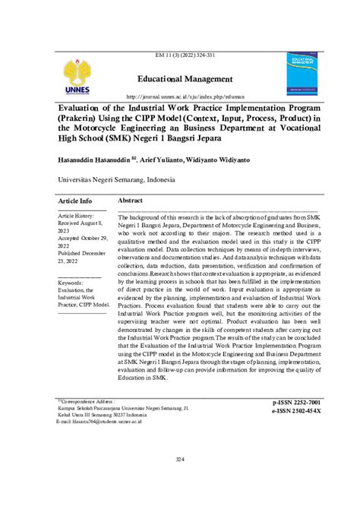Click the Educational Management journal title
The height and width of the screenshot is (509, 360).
tap(185, 79)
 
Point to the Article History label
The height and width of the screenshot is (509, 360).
tap(80, 217)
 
